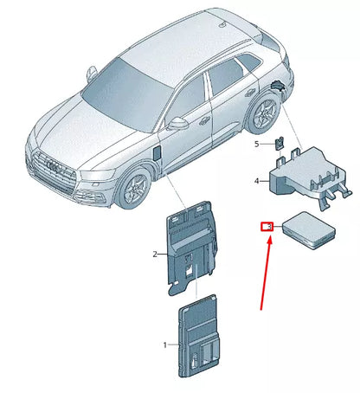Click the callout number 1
[165, 345]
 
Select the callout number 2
[155, 254]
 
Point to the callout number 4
[256, 181]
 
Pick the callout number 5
[257, 144]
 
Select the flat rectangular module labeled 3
[309, 230]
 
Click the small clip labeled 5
[279, 143]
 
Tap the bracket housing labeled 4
[310, 176]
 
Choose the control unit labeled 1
[198, 336]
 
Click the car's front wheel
[136, 186]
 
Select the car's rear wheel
[264, 113]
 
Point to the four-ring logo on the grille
[54, 166]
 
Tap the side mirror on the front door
[177, 124]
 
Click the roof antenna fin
[223, 25]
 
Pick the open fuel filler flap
[278, 86]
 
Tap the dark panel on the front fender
[157, 152]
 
